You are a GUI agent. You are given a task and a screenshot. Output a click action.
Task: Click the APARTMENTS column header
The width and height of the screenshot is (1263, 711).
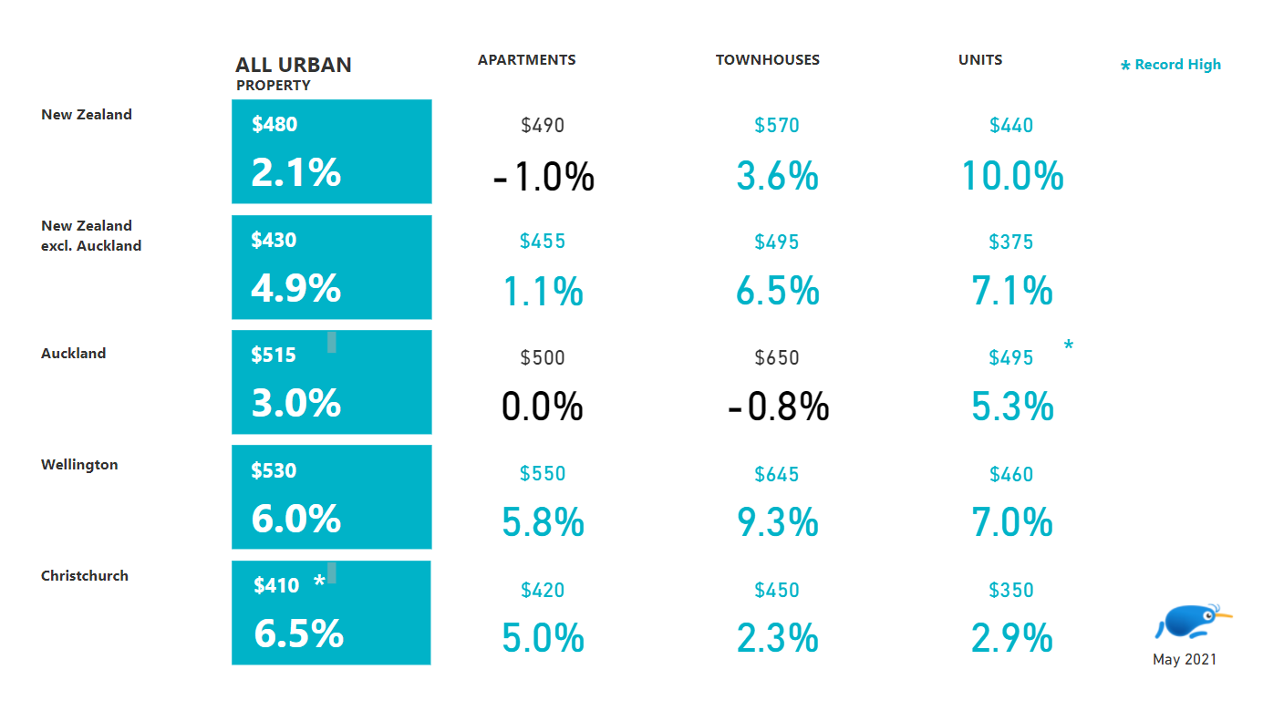[x=526, y=60]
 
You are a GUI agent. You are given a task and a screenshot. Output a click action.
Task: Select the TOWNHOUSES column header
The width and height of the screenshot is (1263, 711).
[x=767, y=60]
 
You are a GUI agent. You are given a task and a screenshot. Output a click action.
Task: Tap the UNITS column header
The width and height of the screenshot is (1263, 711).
[x=980, y=60]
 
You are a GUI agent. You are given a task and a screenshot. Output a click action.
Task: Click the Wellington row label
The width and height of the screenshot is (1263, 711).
[x=79, y=465]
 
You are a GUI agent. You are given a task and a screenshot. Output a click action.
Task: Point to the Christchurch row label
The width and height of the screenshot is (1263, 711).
[x=85, y=576]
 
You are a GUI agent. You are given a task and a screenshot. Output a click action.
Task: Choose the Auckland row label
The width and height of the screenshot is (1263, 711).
[x=73, y=354]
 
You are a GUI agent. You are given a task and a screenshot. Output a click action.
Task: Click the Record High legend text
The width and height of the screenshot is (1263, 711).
[x=1176, y=65]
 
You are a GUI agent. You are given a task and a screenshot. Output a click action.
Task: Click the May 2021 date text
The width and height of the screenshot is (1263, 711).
[x=1184, y=660]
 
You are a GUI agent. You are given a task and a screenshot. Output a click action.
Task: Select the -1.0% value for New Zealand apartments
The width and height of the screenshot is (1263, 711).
[x=544, y=177]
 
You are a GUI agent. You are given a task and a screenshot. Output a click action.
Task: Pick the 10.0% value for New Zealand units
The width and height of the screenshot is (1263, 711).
[x=1012, y=176]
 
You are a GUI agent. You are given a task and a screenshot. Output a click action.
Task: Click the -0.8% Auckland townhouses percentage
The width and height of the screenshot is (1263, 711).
[x=778, y=407]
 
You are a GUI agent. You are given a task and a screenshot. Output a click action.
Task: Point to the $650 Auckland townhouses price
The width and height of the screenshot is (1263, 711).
[x=777, y=358]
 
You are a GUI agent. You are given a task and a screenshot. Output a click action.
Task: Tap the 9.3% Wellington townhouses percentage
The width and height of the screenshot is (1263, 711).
[x=777, y=523]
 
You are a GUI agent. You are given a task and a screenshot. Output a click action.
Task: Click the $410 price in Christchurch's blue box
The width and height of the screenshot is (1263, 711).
[x=276, y=586]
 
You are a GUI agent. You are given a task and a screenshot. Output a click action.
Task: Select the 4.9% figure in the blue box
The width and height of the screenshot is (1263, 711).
[x=295, y=288]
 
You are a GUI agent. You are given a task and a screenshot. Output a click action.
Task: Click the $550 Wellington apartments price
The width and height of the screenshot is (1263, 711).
[x=543, y=474]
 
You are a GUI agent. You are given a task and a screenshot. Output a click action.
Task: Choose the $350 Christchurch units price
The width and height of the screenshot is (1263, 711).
[x=1011, y=590]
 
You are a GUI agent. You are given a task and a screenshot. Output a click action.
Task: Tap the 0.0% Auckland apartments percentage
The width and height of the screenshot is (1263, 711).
[x=542, y=407]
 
